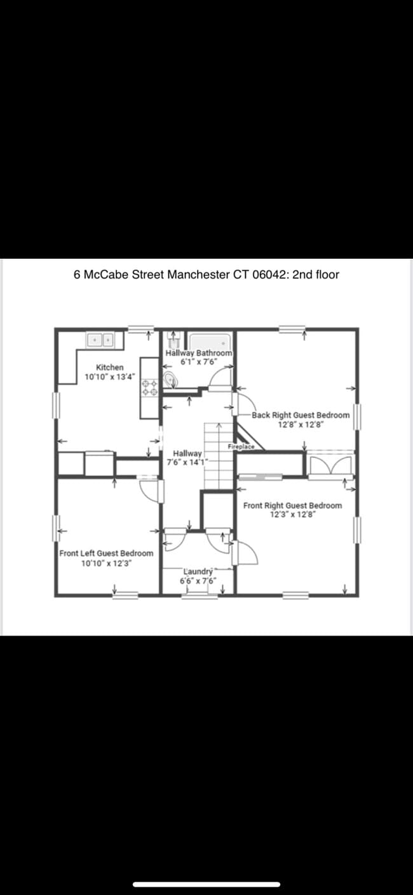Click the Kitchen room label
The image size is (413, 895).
tap(110, 368)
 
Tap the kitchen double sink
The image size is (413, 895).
tap(100, 340)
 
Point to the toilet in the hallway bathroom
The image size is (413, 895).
tap(170, 380)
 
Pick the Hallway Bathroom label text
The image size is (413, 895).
tap(199, 353)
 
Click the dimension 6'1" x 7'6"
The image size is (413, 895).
tap(199, 361)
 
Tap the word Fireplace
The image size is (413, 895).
tap(241, 447)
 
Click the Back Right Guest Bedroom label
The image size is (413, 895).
tap(301, 415)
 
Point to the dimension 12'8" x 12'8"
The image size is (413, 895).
tap(301, 424)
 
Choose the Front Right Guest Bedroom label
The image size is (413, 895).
tap(292, 506)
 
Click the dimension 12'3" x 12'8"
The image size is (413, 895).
tap(292, 514)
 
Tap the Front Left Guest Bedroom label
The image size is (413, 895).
tap(107, 553)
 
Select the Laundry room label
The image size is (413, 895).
tap(198, 572)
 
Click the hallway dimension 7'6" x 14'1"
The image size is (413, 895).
tap(184, 462)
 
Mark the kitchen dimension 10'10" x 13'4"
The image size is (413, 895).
tap(110, 377)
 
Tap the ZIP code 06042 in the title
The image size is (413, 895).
tap(269, 275)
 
